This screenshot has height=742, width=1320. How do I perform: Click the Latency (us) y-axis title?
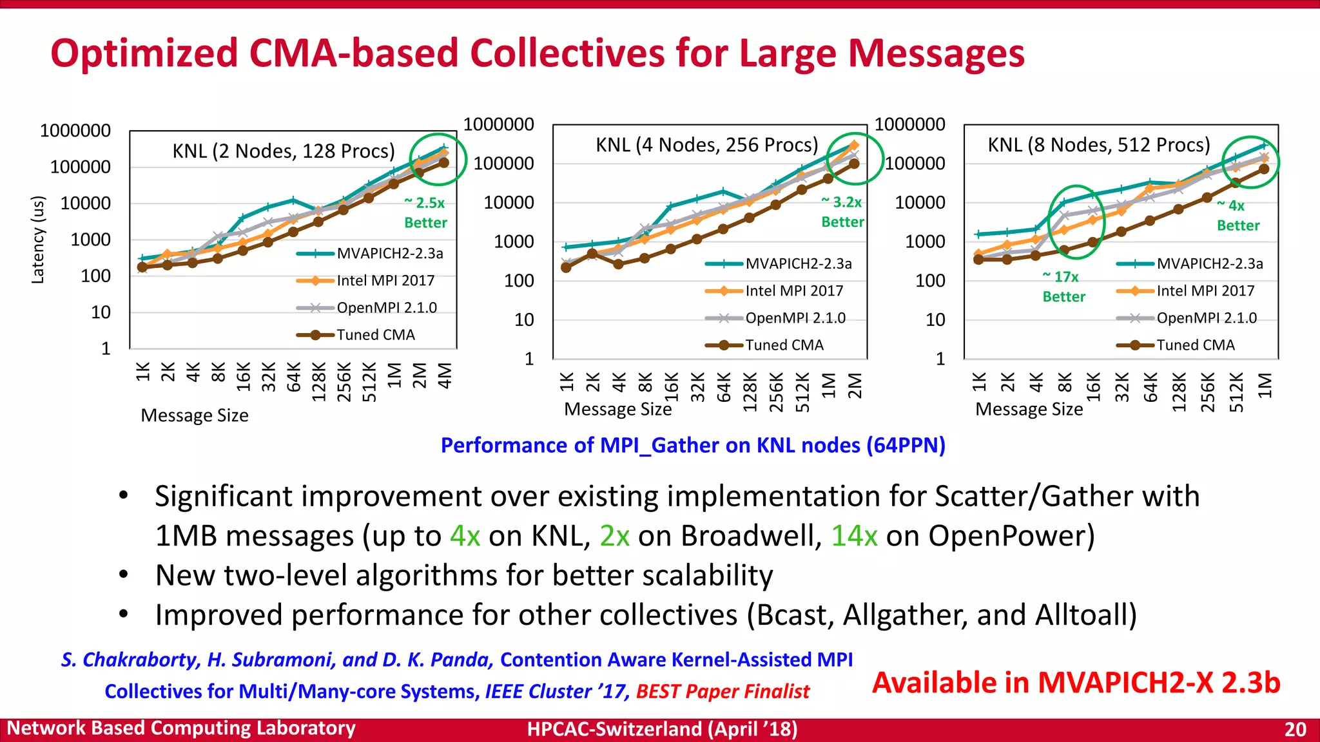click(x=38, y=240)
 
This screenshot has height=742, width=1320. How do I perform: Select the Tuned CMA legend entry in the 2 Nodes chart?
click(x=375, y=335)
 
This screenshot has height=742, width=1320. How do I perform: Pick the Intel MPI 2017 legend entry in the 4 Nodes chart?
click(x=793, y=291)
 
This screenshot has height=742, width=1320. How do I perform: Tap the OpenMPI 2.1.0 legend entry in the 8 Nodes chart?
click(x=1206, y=318)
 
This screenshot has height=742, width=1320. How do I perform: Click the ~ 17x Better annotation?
click(x=1063, y=287)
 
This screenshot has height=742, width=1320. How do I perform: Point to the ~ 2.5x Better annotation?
click(x=425, y=213)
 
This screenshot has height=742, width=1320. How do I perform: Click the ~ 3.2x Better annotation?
click(x=842, y=212)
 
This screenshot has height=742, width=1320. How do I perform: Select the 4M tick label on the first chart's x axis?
click(x=445, y=376)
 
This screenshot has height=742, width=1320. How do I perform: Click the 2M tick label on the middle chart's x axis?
click(x=854, y=386)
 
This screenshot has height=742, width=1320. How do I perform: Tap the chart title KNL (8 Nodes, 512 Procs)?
click(x=1099, y=145)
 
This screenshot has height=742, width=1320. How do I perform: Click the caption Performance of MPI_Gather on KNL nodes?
click(x=692, y=446)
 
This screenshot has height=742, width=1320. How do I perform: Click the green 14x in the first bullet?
click(x=854, y=536)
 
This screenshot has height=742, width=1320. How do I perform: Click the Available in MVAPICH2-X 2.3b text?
click(x=1075, y=683)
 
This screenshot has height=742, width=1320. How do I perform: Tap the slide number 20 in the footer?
click(x=1295, y=729)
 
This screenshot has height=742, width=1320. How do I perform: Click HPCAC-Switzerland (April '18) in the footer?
click(x=662, y=729)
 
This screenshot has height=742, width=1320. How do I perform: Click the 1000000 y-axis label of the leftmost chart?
click(x=75, y=131)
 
